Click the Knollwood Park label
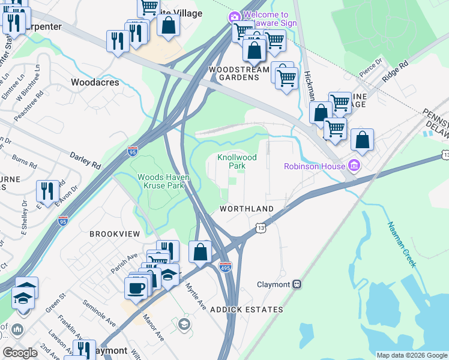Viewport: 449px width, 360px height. coord(237,161)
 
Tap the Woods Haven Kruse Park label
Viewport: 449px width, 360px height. coord(160,181)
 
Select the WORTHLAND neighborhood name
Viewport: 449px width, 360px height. coord(247,209)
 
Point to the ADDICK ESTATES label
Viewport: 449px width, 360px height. coord(246,310)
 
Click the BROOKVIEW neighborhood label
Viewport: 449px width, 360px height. coord(115,233)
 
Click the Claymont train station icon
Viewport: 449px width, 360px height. coord(296,285)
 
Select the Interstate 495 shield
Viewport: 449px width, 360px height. coord(225,266)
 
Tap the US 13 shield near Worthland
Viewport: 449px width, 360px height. coord(260,228)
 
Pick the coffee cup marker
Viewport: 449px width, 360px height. coord(136,287)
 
